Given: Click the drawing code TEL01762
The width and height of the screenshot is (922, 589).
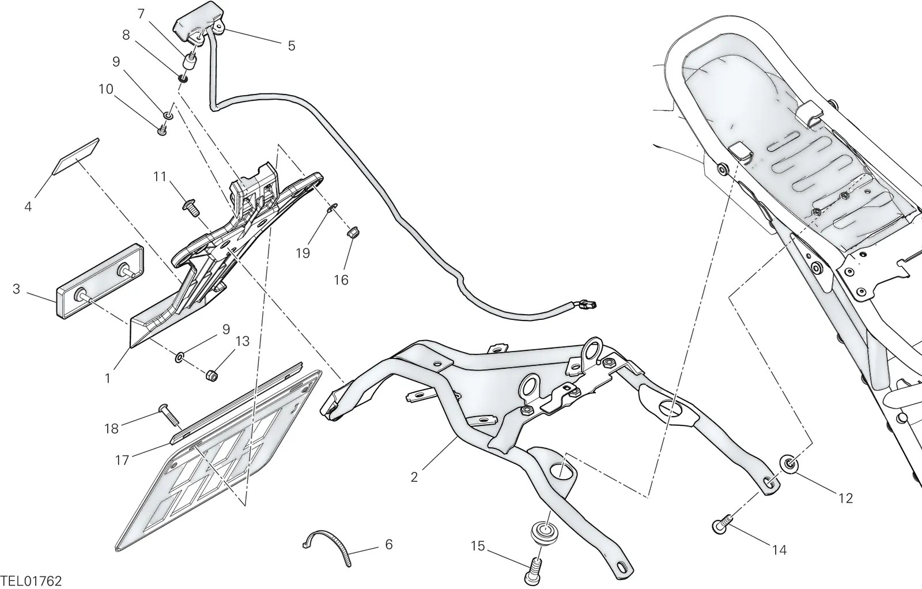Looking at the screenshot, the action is [x=31, y=581].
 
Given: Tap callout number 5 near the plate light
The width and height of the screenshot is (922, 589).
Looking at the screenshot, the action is [x=292, y=46].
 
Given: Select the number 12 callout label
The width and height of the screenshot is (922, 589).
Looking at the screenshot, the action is [x=845, y=499].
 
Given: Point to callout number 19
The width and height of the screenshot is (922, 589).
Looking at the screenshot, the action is [x=303, y=253].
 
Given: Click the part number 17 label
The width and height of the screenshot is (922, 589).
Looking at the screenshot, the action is [x=122, y=460].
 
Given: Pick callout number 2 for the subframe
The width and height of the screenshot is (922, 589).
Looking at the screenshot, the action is [x=414, y=477].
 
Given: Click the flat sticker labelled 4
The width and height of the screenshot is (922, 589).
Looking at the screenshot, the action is [x=77, y=157].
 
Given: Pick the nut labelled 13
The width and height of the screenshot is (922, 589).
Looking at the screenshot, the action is [x=211, y=375].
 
